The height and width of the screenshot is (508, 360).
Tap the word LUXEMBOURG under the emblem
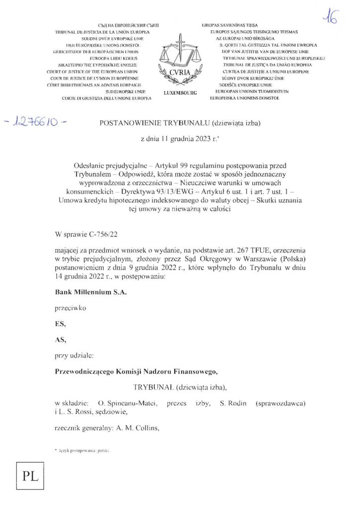pyautogui.click(x=180, y=93)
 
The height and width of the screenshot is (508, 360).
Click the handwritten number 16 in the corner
pyautogui.click(x=329, y=18)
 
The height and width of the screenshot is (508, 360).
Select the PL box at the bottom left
pyautogui.click(x=27, y=478)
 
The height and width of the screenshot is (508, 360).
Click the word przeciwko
pyautogui.click(x=71, y=308)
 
